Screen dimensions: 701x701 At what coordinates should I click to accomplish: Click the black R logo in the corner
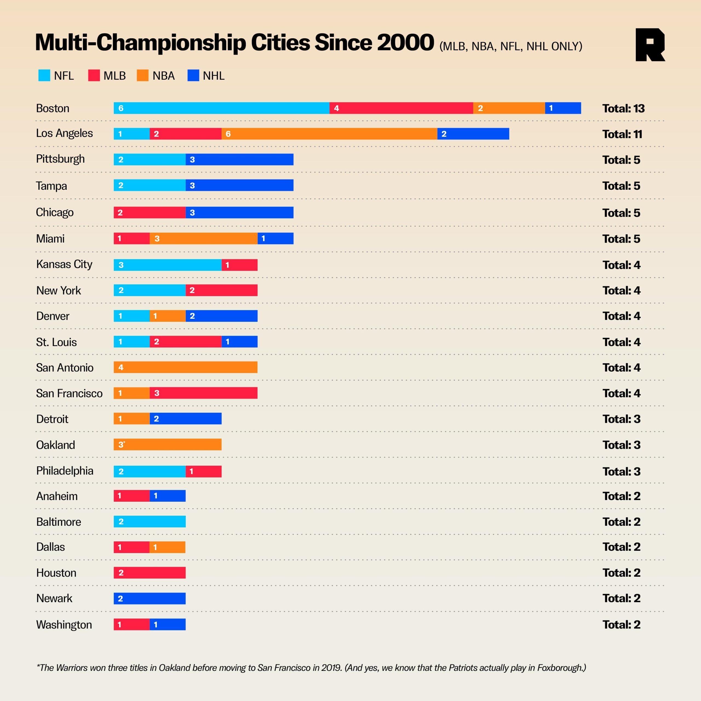[650, 45]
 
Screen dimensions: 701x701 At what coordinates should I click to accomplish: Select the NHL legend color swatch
[193, 76]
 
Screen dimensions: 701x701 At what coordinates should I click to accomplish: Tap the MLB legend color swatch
[94, 76]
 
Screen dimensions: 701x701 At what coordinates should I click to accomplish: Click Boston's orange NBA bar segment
[509, 108]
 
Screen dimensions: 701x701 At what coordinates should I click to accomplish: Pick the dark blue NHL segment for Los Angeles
[473, 134]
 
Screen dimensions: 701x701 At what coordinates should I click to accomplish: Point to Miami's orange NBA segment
[203, 239]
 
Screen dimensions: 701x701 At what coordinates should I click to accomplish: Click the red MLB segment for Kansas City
[240, 265]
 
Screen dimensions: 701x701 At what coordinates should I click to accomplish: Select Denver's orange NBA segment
[168, 316]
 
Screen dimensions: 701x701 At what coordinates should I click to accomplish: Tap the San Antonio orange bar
[185, 367]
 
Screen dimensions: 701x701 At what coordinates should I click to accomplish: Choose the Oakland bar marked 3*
[168, 444]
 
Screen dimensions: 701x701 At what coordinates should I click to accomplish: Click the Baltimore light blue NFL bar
[150, 521]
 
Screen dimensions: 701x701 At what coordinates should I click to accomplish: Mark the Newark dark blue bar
[150, 598]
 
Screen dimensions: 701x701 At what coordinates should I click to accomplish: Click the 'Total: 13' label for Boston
[623, 108]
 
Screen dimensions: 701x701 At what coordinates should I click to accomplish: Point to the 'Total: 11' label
[622, 134]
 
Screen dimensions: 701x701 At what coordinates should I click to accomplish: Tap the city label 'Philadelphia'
[65, 471]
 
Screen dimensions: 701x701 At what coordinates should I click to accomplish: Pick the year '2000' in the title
[405, 43]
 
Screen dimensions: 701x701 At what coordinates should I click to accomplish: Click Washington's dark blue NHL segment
[168, 624]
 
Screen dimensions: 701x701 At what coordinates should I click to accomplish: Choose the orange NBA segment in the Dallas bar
[167, 547]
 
